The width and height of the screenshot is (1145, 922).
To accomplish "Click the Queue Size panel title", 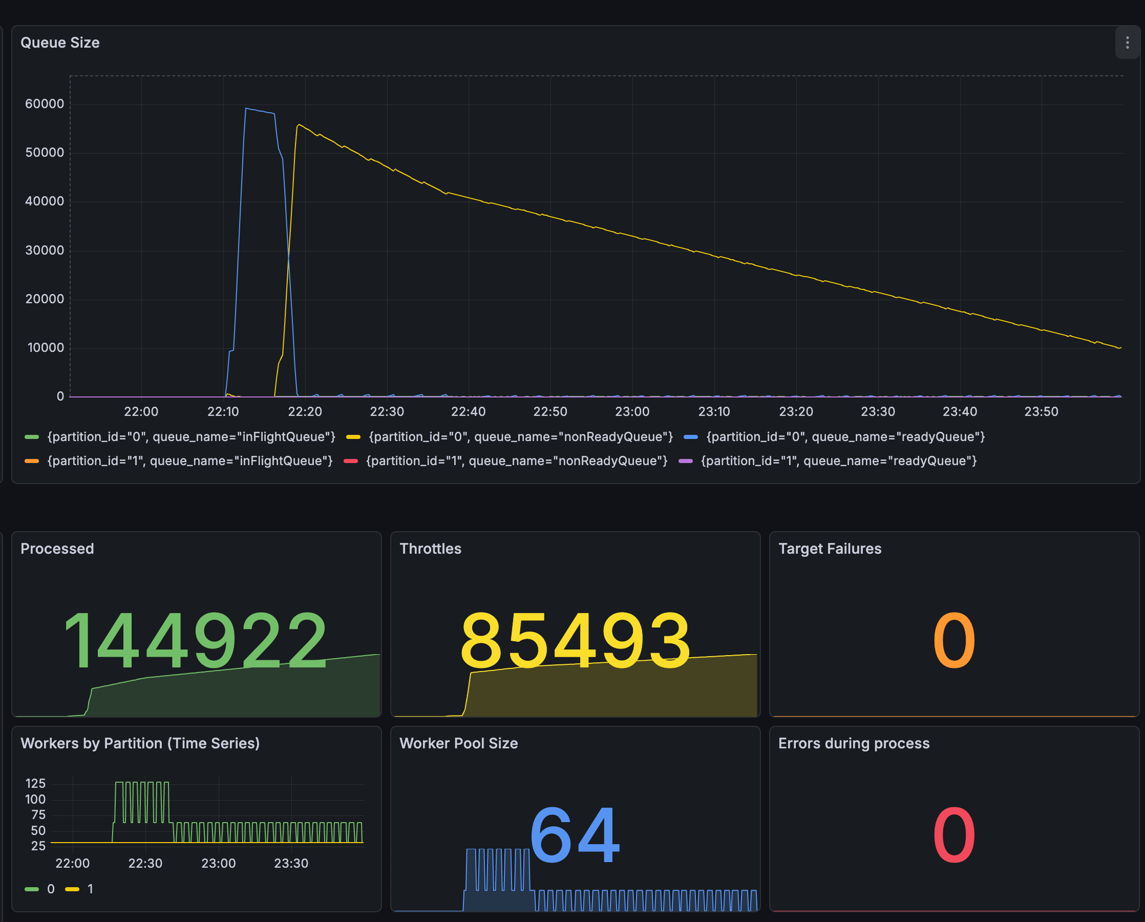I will (x=60, y=43).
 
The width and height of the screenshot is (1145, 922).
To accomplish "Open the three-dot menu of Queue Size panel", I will (x=1127, y=43).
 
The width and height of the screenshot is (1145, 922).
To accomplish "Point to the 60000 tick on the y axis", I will (x=45, y=104).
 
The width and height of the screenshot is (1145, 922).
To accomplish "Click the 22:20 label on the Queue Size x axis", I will (x=305, y=412).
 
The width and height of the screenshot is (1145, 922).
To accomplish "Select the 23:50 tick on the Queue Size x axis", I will (x=1041, y=412).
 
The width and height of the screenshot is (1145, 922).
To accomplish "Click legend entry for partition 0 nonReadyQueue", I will (x=520, y=437).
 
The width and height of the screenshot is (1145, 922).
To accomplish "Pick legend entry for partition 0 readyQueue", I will (x=845, y=437).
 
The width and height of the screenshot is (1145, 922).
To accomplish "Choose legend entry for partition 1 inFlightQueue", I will (x=189, y=461).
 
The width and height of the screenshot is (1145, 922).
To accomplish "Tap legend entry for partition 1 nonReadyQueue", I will (x=516, y=461).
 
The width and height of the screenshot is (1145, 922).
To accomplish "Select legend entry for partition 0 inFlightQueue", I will (x=191, y=437).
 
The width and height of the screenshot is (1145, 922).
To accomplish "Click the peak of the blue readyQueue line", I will (x=246, y=109).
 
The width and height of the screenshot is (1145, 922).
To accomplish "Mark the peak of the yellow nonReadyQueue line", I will (x=299, y=125).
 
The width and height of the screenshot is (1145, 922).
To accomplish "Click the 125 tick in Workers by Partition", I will (x=35, y=783).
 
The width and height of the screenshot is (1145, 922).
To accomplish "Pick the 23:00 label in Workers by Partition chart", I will (x=218, y=863).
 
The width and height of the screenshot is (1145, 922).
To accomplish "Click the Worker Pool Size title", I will (x=458, y=743).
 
